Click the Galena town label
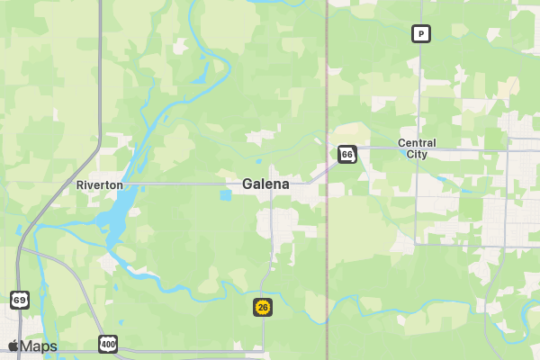pyautogui.click(x=265, y=184)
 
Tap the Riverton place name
pyautogui.click(x=99, y=185)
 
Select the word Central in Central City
pyautogui.click(x=417, y=143)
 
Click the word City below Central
pyautogui.click(x=417, y=155)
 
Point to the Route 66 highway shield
pyautogui.click(x=347, y=155)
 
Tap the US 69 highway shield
pyautogui.click(x=19, y=299)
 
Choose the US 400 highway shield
pyautogui.click(x=108, y=344)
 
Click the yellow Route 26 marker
pyautogui.click(x=262, y=307)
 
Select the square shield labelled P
pyautogui.click(x=420, y=34)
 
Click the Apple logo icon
pyautogui.click(x=13, y=346)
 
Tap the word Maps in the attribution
pyautogui.click(x=39, y=346)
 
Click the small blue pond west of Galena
pyautogui.click(x=224, y=194)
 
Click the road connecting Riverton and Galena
pyautogui.click(x=180, y=184)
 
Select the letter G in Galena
pyautogui.click(x=247, y=184)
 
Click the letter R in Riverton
pyautogui.click(x=80, y=185)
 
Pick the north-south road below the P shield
pyautogui.click(x=420, y=90)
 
